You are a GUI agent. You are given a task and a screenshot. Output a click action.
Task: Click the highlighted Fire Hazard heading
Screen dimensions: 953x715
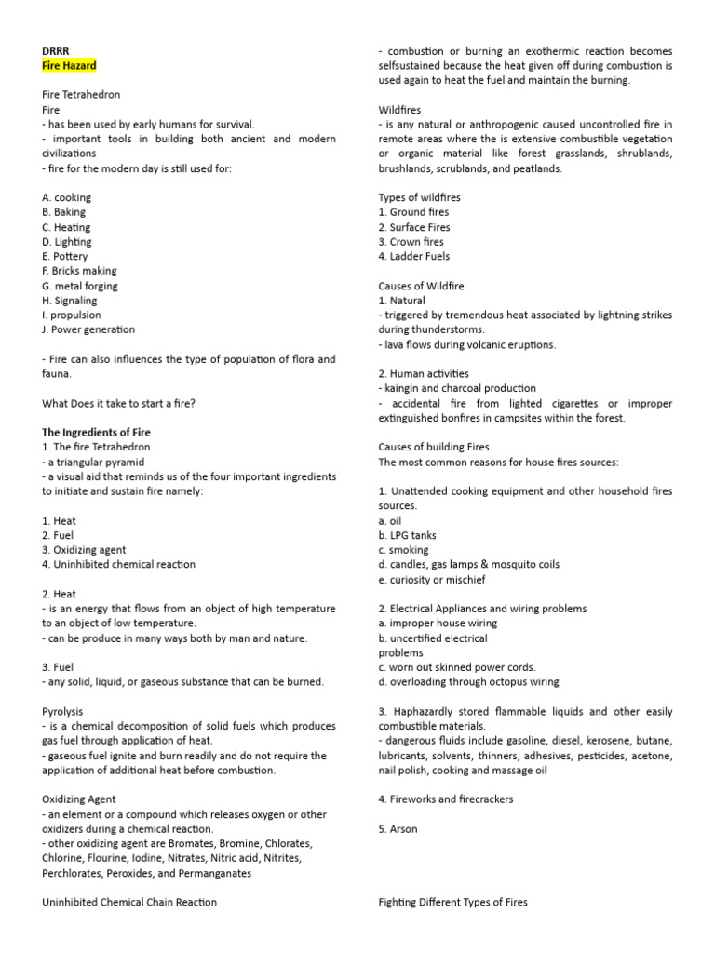click(69, 66)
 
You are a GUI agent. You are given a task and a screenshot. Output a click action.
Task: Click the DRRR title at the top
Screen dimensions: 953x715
click(56, 51)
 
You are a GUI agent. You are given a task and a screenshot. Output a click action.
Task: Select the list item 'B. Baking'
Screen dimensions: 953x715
click(64, 212)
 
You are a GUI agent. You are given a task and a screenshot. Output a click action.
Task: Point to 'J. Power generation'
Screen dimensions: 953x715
click(88, 329)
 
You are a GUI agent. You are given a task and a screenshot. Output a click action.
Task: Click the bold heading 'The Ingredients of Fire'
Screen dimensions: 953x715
click(96, 433)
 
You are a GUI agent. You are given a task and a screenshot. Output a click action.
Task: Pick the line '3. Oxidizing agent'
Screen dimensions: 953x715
click(84, 550)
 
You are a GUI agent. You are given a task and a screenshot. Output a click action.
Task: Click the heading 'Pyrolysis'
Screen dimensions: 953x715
click(64, 711)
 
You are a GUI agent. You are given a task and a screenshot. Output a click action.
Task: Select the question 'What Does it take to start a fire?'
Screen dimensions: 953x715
click(119, 403)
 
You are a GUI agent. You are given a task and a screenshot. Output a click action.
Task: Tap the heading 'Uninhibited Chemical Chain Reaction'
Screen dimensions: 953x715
click(129, 902)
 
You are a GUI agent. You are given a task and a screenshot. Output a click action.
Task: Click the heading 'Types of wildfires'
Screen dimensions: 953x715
click(419, 197)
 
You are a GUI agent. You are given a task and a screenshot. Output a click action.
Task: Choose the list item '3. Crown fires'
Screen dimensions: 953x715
click(411, 242)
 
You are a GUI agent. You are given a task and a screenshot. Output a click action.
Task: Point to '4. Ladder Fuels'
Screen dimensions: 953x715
click(413, 256)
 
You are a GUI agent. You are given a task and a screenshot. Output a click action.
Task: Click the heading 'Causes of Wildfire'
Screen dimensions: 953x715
click(421, 286)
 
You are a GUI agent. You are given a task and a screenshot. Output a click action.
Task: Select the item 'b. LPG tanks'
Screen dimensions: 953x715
click(407, 535)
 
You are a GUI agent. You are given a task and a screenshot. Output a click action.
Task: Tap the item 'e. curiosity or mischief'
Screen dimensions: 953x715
click(431, 579)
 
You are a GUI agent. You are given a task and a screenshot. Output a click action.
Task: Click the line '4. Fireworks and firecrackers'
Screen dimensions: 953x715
click(445, 799)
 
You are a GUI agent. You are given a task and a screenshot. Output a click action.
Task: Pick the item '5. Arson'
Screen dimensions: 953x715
click(398, 828)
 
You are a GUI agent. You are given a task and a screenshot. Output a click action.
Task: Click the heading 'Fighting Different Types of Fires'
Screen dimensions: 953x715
click(452, 902)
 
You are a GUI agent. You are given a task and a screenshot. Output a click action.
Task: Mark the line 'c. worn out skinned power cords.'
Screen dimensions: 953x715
click(456, 667)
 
